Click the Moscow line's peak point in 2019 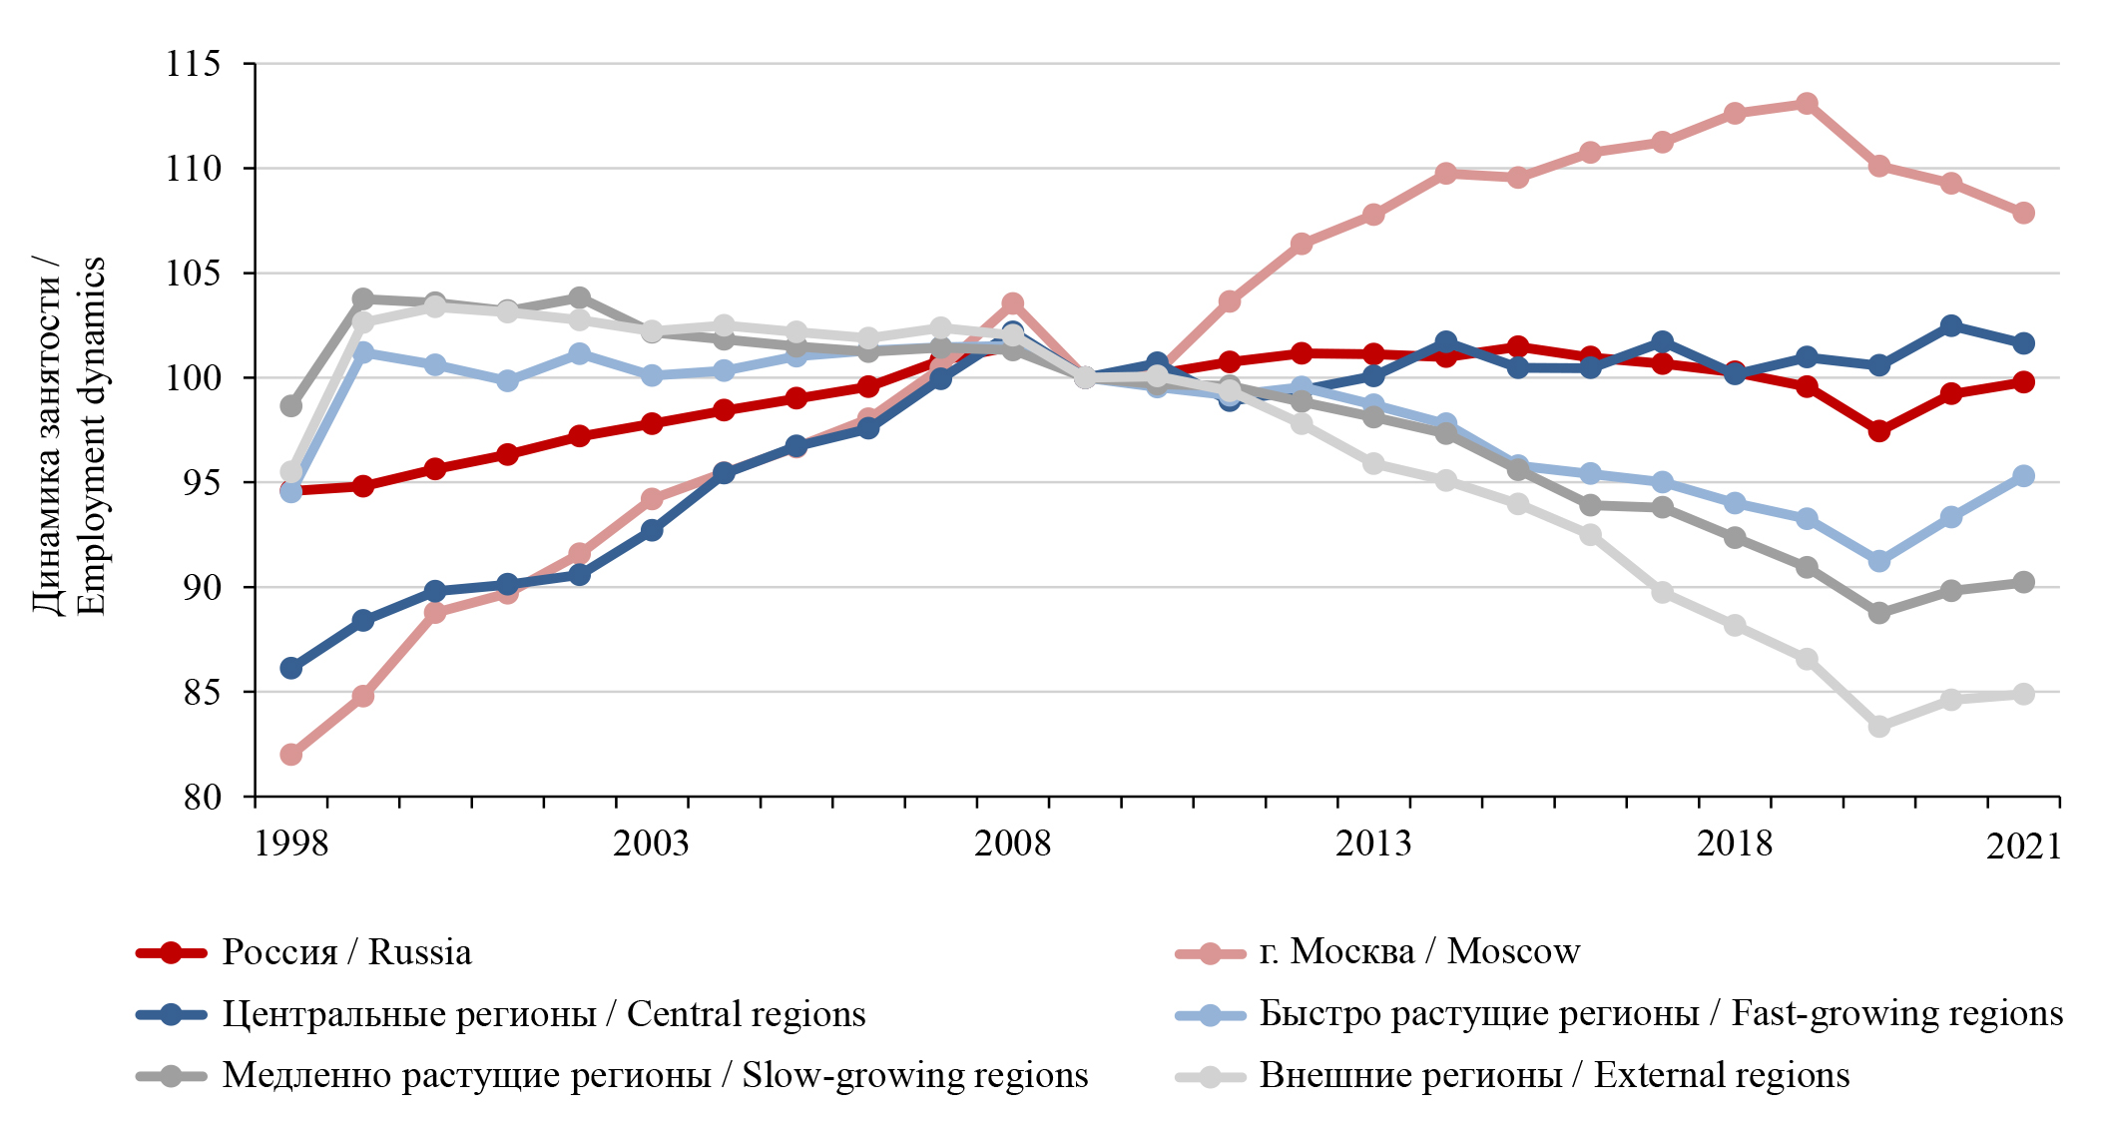click(1807, 104)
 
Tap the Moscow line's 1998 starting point click(291, 754)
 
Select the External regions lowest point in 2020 click(1879, 727)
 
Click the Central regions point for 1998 click(291, 668)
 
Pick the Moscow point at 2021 click(2023, 213)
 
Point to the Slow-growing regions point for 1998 click(291, 405)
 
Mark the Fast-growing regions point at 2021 click(2023, 476)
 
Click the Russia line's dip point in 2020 click(1879, 431)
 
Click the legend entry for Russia click(345, 952)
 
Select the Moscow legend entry click(1418, 952)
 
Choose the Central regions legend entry click(543, 1014)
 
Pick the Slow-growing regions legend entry click(655, 1076)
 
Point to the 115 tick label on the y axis click(194, 65)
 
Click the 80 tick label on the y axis click(203, 798)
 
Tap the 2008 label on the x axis click(1012, 845)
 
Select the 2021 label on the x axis click(2023, 848)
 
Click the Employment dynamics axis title click(70, 435)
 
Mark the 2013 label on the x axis click(1373, 845)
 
